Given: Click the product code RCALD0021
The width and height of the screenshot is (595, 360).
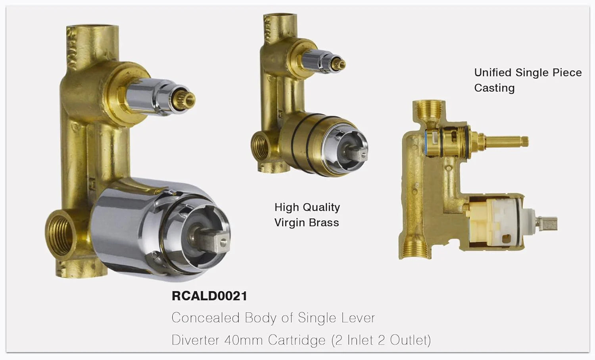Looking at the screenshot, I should click(209, 296).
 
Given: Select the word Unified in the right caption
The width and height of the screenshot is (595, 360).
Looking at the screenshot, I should click(493, 73).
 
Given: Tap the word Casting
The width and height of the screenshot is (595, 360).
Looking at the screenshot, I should click(494, 88).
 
